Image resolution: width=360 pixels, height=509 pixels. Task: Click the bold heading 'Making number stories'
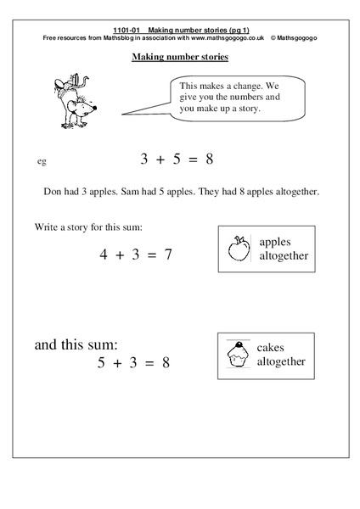[x=179, y=59]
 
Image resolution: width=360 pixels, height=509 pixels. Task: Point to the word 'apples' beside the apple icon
[x=275, y=240]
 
